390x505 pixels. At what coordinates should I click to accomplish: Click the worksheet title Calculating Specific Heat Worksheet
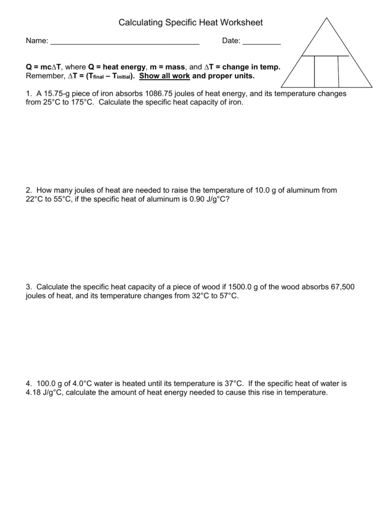[x=191, y=22]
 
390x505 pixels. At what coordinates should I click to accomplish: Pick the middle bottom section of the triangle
[x=326, y=71]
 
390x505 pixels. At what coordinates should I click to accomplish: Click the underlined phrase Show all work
[x=165, y=76]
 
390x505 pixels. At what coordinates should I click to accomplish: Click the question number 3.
[x=29, y=287]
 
